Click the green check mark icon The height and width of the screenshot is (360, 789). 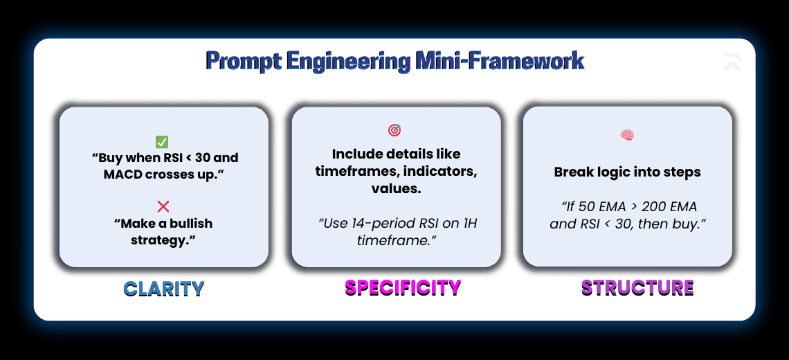coord(162,142)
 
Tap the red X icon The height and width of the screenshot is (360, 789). coord(163,206)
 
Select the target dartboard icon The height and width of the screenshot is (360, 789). coord(394,130)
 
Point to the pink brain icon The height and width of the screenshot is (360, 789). coord(627,136)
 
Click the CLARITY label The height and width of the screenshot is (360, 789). coord(164,289)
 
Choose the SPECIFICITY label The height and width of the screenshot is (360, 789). coord(403,287)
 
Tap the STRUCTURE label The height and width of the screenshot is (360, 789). coord(637,287)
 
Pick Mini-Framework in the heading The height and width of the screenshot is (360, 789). coord(500,62)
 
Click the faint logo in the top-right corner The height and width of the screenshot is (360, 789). coord(732,62)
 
